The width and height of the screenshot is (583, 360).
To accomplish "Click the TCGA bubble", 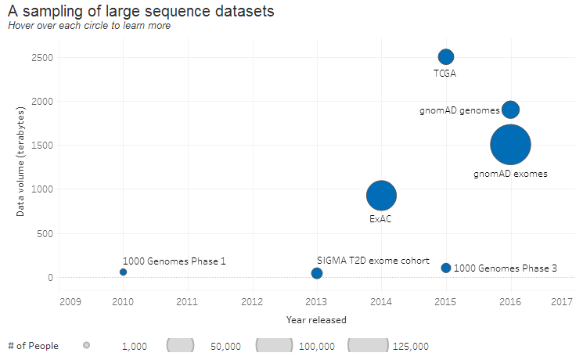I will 446,56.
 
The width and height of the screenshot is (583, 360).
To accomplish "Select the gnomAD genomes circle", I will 510,110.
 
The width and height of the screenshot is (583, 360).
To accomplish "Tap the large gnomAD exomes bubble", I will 510,144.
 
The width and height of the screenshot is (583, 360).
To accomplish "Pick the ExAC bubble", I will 381,196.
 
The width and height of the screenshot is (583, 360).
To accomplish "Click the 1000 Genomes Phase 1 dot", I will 123,272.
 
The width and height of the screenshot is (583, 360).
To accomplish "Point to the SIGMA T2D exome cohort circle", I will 317,273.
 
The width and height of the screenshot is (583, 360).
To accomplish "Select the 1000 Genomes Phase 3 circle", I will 446,268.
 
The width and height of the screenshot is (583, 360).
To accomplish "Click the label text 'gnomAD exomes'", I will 510,174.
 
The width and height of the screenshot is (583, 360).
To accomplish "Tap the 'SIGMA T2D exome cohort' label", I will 367,260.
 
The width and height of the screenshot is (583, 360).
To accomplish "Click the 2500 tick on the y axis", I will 41,57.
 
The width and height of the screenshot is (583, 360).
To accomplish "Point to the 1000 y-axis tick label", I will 41,189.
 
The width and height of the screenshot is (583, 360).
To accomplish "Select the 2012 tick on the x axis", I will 252,301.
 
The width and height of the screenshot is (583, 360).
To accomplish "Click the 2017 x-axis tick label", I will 562,301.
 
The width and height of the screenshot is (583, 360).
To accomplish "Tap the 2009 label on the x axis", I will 70,301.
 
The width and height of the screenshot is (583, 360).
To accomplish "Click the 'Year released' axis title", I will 316,319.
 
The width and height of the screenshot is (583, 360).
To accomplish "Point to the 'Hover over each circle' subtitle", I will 89,26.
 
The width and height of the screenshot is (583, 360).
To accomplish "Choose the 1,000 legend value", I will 135,346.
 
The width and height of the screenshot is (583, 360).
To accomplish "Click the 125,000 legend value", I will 410,346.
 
